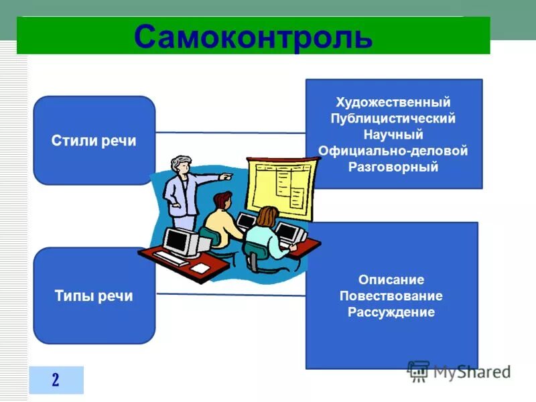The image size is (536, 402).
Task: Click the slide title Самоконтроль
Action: coord(253,36)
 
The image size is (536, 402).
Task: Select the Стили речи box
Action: coord(94,141)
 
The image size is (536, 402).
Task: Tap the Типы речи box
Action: coord(94,296)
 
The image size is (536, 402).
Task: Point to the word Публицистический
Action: coord(393,118)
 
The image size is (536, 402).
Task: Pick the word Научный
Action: coord(393,135)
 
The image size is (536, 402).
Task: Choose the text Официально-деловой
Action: coord(393,151)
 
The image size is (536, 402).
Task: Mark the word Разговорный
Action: coord(393,167)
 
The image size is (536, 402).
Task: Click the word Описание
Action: coord(391,279)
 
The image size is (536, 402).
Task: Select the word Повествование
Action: coord(391,295)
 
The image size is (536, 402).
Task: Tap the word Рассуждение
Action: coord(391,312)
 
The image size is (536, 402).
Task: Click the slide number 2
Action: coord(56,380)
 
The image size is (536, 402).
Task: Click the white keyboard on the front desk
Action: coord(170,258)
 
